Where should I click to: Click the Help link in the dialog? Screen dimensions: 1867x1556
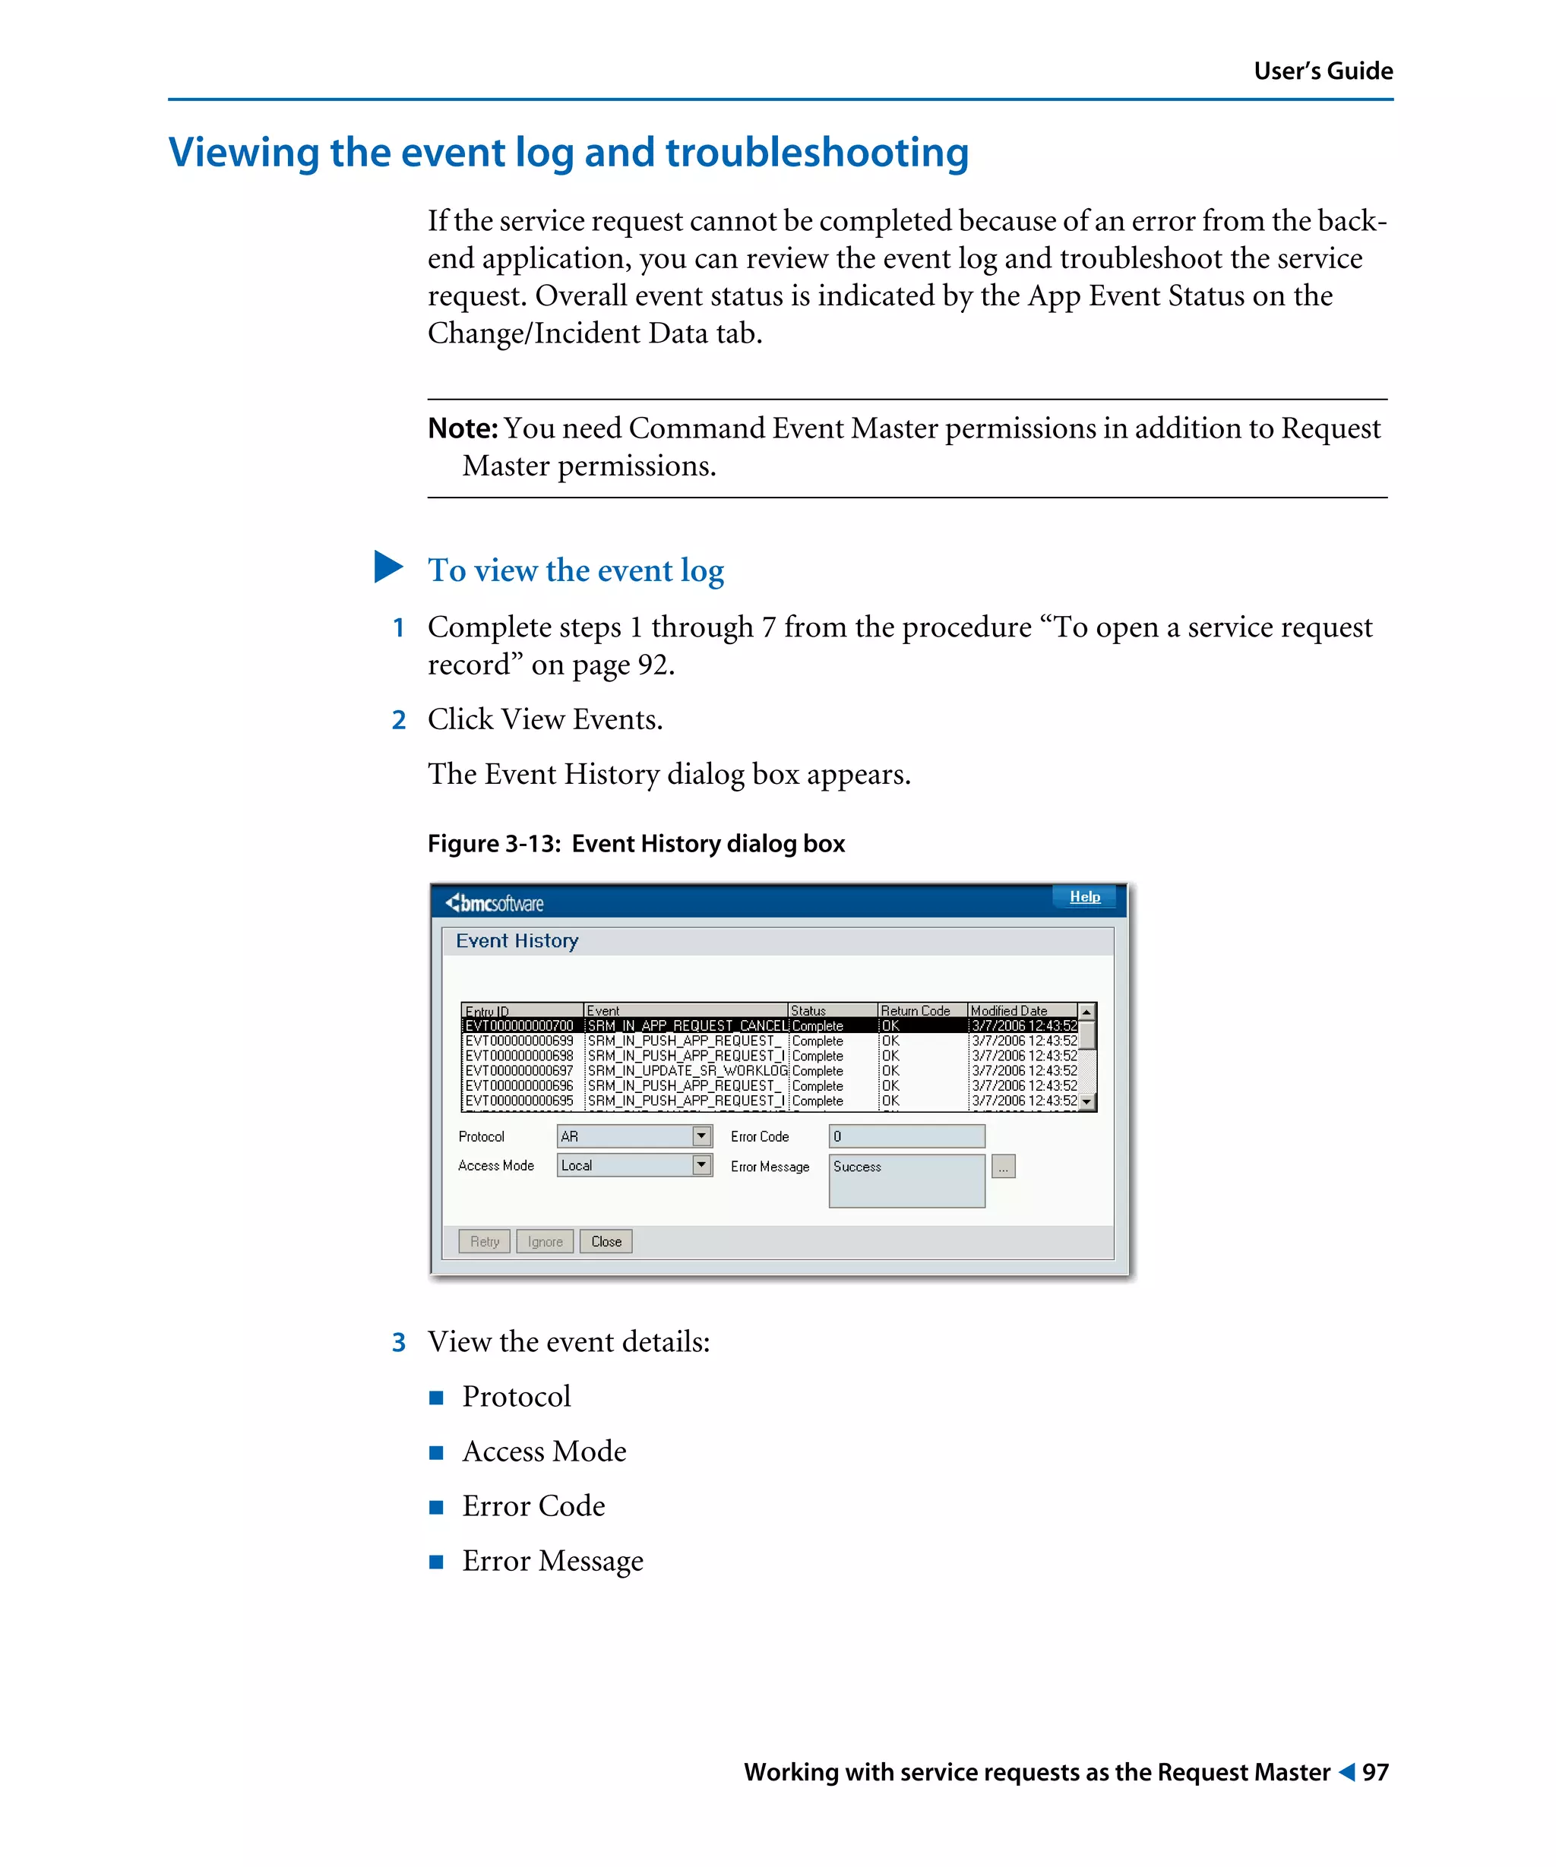1084,896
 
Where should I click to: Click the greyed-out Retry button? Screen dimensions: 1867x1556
484,1241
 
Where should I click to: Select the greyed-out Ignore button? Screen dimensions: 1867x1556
544,1241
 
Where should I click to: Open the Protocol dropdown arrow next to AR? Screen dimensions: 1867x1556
701,1136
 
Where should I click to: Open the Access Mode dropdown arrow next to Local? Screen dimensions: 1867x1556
701,1164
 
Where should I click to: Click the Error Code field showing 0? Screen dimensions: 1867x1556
905,1136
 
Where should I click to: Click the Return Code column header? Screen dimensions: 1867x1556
915,1010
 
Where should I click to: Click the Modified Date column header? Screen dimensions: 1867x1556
1008,1010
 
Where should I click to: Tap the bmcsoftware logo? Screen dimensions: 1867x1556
495,903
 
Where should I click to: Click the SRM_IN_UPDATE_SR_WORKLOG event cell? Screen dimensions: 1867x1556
686,1070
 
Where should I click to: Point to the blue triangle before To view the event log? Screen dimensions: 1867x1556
387,567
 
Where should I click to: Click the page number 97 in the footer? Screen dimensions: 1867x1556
1374,1772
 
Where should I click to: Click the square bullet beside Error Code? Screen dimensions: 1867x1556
435,1507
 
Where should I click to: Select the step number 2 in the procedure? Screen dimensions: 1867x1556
398,720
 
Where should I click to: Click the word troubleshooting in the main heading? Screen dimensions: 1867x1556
816,153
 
